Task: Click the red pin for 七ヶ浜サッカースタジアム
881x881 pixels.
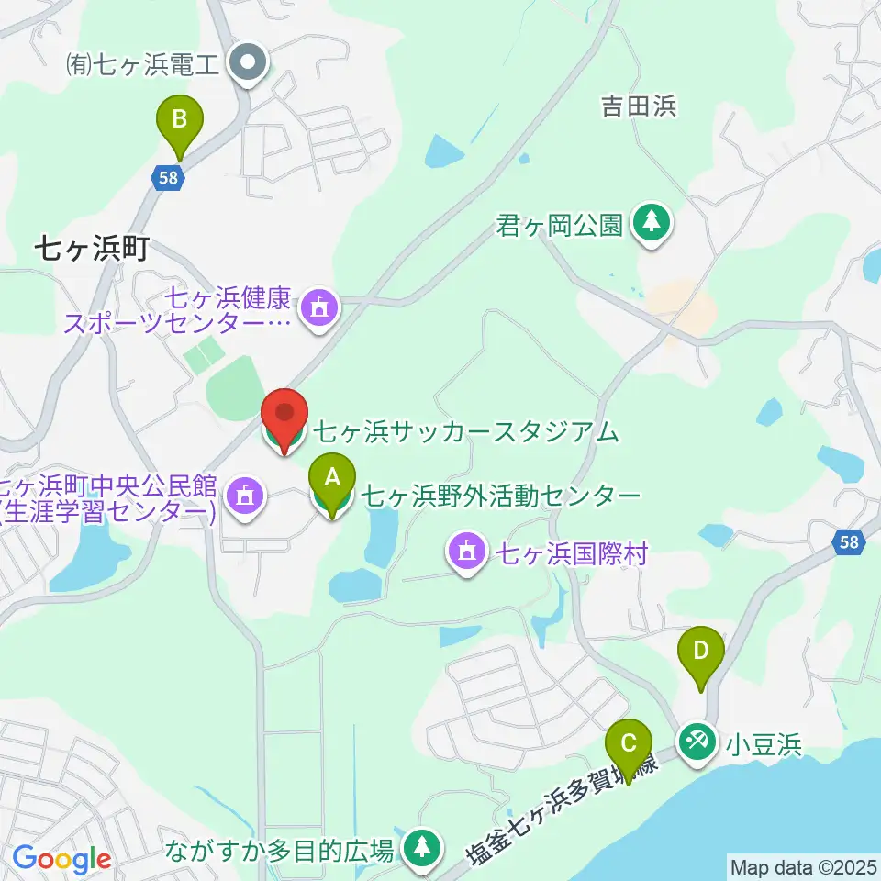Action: tap(284, 420)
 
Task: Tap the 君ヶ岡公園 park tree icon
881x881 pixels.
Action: tap(652, 224)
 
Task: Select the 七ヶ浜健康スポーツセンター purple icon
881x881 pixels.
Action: tap(319, 307)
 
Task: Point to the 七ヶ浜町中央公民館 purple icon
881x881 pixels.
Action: tap(244, 496)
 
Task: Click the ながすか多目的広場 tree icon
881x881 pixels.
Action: tap(422, 848)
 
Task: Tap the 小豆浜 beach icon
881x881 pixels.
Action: tap(697, 742)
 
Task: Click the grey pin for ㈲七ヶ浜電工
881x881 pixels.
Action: tap(247, 64)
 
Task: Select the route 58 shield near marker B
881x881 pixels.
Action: tap(167, 179)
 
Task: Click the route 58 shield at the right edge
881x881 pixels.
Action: tap(850, 542)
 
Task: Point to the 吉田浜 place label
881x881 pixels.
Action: tap(639, 107)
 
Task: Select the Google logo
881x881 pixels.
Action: tap(61, 859)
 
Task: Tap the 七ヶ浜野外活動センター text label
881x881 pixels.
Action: tap(500, 496)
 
